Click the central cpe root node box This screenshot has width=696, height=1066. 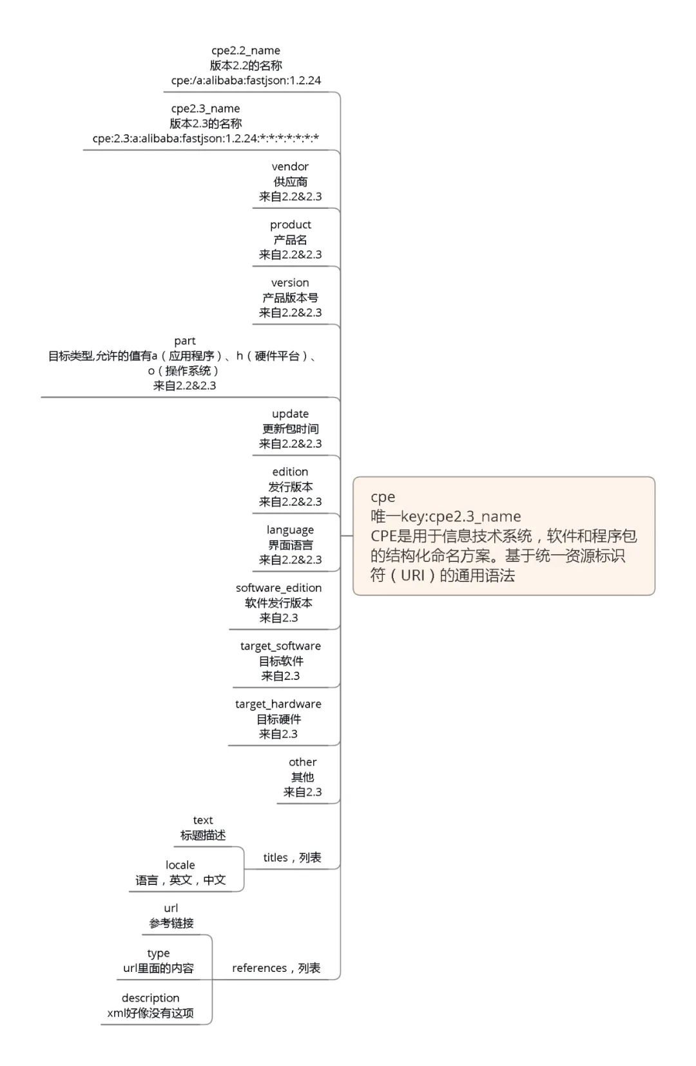click(503, 536)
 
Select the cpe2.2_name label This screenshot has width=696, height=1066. click(246, 50)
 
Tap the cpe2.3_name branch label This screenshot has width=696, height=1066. click(206, 108)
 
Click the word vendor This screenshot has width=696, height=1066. click(290, 166)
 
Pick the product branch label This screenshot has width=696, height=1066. click(290, 224)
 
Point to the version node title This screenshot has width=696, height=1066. click(290, 282)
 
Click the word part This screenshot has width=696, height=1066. click(185, 340)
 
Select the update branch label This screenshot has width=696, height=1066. click(290, 413)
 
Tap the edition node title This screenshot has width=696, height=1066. click(290, 471)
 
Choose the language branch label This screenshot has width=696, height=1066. click(290, 529)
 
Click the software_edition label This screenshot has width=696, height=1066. click(278, 587)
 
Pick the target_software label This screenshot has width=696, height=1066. click(280, 645)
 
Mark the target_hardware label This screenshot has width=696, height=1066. click(278, 703)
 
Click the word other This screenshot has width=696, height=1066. click(302, 761)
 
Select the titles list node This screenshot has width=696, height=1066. click(292, 857)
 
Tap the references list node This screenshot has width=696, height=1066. click(276, 967)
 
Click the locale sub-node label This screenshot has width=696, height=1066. click(180, 864)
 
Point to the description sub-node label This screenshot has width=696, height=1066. click(150, 998)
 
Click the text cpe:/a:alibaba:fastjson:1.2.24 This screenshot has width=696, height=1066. click(246, 81)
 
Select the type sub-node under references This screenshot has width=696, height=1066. click(158, 953)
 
